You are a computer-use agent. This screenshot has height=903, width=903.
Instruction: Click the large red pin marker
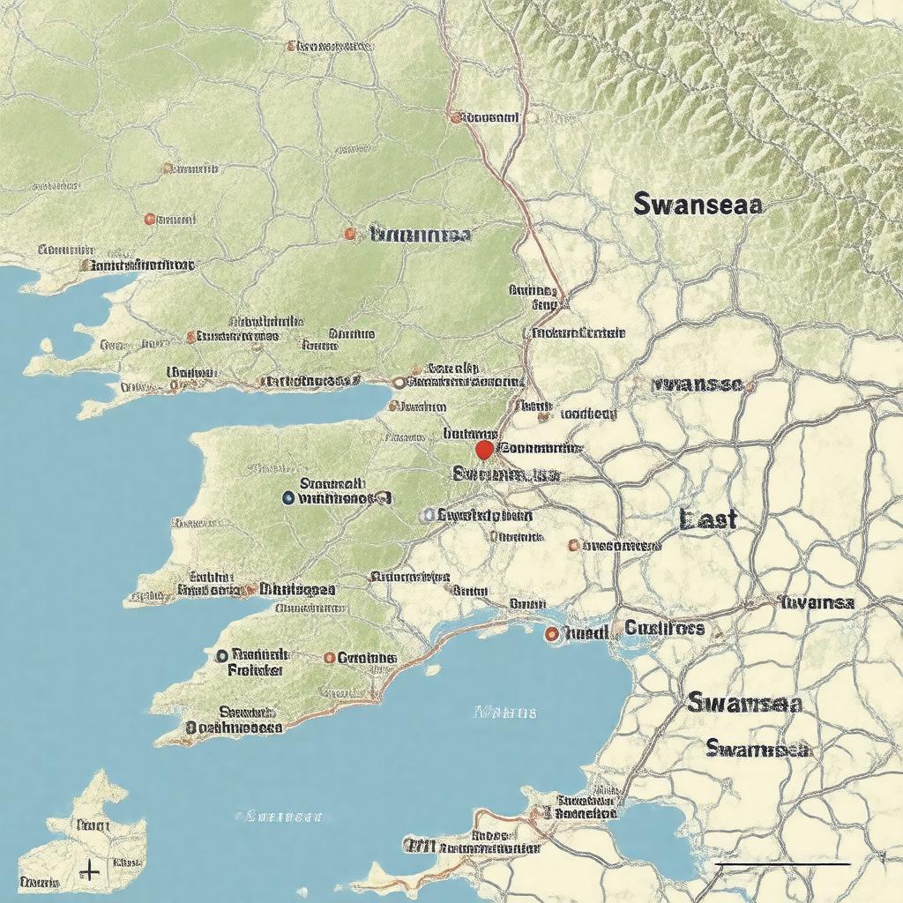483,450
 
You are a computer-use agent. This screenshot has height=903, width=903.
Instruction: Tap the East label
709,519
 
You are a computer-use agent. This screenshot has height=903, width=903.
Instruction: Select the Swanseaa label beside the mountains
698,205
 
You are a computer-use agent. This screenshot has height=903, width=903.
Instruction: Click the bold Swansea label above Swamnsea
744,703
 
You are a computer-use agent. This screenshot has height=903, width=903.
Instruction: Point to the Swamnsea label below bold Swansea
757,749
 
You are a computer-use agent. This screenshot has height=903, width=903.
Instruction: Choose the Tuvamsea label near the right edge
817,602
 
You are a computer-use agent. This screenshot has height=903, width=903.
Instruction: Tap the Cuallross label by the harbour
665,628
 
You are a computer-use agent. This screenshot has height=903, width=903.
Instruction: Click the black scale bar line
781,864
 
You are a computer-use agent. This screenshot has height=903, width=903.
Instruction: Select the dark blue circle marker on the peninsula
288,498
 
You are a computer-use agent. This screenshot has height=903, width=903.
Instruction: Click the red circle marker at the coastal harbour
551,633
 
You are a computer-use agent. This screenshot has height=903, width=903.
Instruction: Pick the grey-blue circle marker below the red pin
428,515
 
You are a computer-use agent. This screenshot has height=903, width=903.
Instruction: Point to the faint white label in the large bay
505,712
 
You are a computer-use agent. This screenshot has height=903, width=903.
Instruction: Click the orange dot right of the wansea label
750,385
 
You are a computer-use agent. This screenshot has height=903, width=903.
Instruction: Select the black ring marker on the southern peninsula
221,655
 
